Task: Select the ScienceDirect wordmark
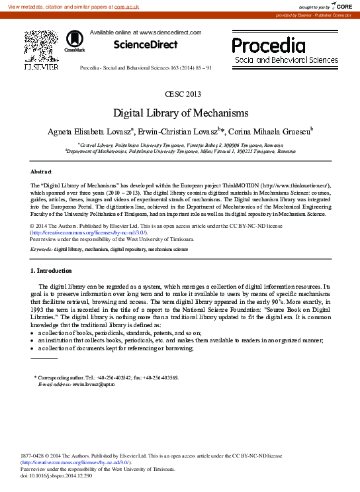pyautogui.click(x=146, y=45)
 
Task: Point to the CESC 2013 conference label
pyautogui.click(x=179, y=93)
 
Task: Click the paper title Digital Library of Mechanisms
pyautogui.click(x=180, y=113)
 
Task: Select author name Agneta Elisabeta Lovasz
pyautogui.click(x=89, y=132)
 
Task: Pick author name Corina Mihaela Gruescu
pyautogui.click(x=262, y=132)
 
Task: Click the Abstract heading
pyautogui.click(x=41, y=171)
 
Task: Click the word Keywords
pyautogui.click(x=41, y=250)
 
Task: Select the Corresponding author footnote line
pyautogui.click(x=106, y=377)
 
